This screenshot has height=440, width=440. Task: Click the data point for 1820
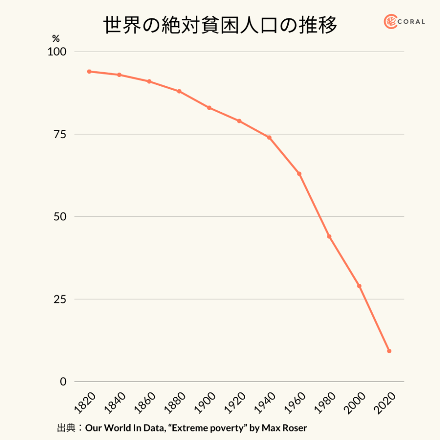(x=89, y=71)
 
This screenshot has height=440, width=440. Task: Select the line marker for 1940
(x=269, y=137)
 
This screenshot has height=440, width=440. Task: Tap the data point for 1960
(x=299, y=174)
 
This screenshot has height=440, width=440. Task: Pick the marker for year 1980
(x=329, y=237)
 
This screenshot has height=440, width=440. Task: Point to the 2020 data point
(x=389, y=351)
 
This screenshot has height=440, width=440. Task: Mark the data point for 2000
(x=359, y=286)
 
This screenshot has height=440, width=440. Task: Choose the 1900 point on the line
(x=209, y=108)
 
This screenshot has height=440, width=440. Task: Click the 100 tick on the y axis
(x=57, y=52)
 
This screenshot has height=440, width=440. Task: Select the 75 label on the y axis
(x=60, y=135)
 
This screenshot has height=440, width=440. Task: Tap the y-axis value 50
(x=60, y=217)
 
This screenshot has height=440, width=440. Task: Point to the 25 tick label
(x=60, y=299)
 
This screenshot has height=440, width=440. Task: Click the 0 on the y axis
(x=63, y=382)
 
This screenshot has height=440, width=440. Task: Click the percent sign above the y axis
(x=56, y=39)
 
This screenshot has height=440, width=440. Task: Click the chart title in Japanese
(x=220, y=26)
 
